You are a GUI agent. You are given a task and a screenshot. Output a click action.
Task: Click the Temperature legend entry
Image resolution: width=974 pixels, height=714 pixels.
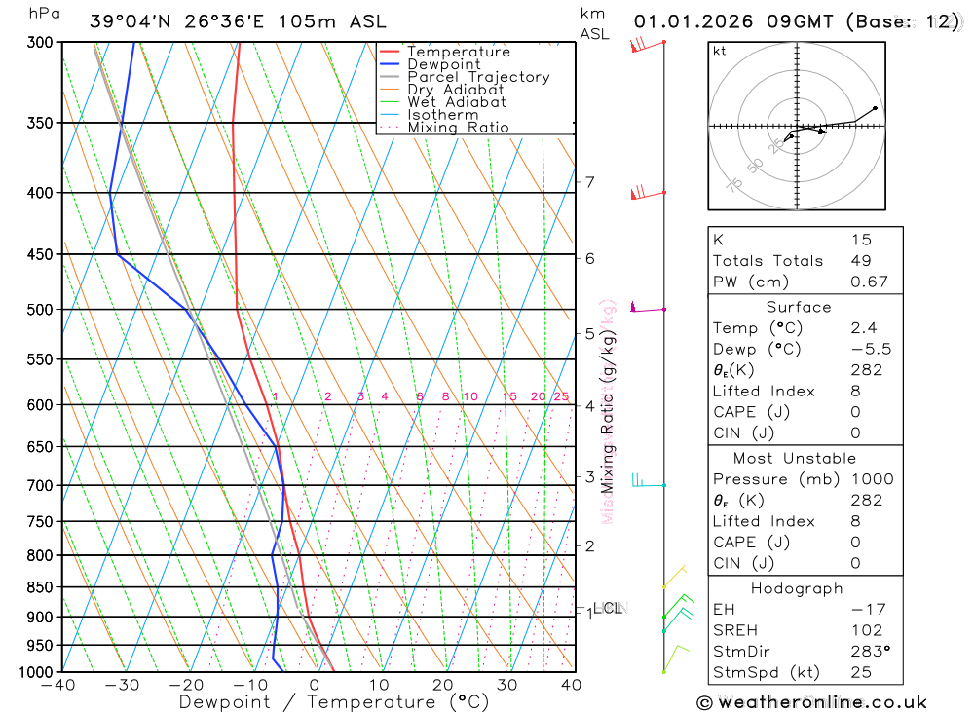458,52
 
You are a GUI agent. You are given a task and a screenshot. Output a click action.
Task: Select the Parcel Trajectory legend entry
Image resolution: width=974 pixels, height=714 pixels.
478,77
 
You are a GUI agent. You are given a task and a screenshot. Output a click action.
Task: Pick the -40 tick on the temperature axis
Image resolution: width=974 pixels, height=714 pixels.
59,685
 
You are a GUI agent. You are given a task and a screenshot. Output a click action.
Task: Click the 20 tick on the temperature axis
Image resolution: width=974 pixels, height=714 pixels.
443,685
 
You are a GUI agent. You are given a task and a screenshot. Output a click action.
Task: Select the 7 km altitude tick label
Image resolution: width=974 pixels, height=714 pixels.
590,182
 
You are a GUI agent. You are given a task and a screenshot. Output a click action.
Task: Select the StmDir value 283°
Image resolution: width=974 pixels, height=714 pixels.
867,652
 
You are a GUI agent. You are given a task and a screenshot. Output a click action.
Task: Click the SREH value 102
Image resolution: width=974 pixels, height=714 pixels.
866,630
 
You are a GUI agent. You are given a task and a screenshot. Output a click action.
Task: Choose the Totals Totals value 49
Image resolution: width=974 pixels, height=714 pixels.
860,260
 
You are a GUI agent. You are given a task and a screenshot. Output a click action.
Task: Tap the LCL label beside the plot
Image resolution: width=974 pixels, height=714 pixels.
609,608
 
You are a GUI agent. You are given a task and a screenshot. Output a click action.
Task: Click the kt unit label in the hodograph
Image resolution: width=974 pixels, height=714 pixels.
720,51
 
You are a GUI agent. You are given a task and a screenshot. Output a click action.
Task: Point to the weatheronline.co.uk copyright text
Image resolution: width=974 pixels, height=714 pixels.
811,702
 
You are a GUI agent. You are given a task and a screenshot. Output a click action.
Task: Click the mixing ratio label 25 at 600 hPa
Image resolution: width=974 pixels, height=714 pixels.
561,396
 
